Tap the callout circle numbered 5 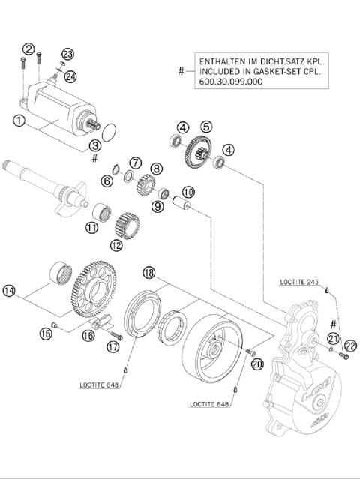(205, 127)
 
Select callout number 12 (115, 244)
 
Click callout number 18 (149, 274)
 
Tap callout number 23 (68, 54)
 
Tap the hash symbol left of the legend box (181, 71)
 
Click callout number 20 (258, 364)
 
